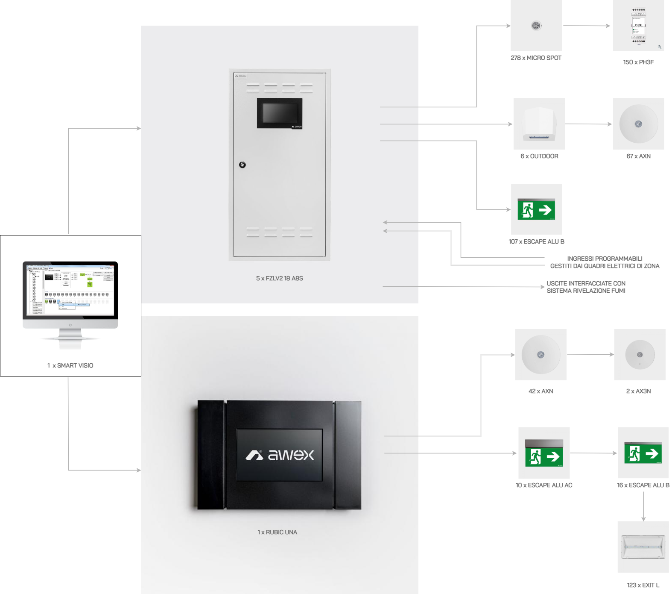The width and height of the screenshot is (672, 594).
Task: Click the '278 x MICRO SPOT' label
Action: (x=536, y=58)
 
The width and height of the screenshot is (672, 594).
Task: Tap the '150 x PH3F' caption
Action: (x=638, y=62)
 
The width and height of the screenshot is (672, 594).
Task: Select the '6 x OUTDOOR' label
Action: (x=539, y=156)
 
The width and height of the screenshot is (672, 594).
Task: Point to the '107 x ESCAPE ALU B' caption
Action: (x=536, y=242)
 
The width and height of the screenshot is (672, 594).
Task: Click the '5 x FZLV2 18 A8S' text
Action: (x=279, y=279)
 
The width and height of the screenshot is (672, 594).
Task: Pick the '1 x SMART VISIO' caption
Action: (x=70, y=366)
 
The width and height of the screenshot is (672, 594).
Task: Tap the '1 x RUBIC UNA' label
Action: (x=277, y=532)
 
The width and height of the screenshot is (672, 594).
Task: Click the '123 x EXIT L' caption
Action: (x=643, y=585)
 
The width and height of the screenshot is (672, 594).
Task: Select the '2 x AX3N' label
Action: (x=638, y=391)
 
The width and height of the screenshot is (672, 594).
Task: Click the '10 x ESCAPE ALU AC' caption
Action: (x=544, y=485)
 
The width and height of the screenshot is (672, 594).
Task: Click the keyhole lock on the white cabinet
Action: (x=243, y=165)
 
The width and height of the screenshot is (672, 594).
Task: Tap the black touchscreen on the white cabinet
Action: (x=279, y=113)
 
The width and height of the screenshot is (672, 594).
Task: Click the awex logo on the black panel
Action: (x=280, y=455)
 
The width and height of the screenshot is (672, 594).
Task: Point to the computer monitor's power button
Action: (x=70, y=325)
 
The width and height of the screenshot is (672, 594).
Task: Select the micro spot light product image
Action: (x=536, y=26)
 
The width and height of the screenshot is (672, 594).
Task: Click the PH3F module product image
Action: (x=638, y=26)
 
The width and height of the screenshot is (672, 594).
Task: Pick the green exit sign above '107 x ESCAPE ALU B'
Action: (x=536, y=209)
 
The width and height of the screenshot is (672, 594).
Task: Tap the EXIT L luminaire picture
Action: (x=643, y=547)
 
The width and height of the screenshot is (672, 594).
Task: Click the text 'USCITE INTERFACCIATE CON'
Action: (x=586, y=284)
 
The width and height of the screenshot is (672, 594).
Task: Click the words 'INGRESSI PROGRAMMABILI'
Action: (x=605, y=259)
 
